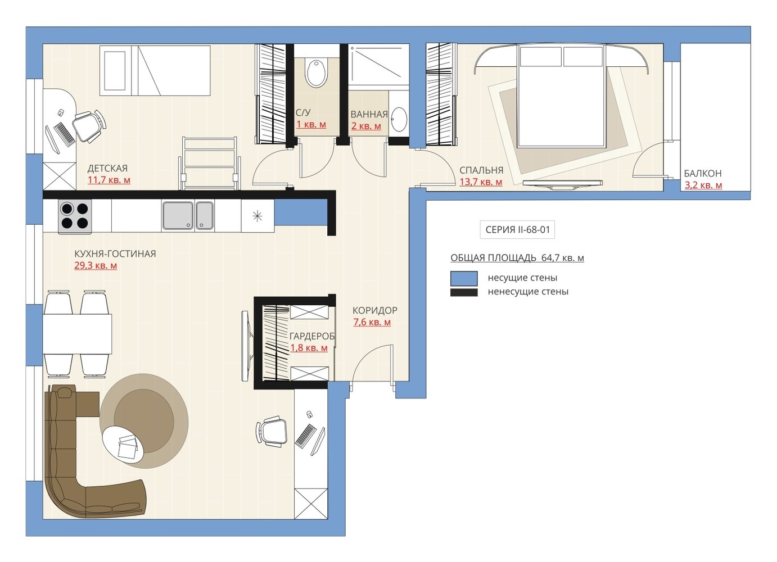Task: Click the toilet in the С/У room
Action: pos(316,73)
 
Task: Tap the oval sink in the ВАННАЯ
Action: pos(399,119)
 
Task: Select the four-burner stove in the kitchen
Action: pos(75,216)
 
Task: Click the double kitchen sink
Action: pos(188,216)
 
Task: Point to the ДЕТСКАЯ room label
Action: pos(107,169)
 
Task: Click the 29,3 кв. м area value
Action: pos(96,266)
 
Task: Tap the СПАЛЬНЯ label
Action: pos(481,170)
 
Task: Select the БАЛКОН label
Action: pos(703,173)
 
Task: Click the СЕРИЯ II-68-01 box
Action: pos(517,229)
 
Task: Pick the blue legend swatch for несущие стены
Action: pos(464,278)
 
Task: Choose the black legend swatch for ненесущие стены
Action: pos(464,292)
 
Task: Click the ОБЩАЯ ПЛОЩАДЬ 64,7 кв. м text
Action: pos(517,258)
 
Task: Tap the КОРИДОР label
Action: pos(375,310)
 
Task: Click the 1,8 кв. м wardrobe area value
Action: pos(309,347)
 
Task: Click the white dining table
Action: pos(78,334)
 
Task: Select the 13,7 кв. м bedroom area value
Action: pos(481,182)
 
